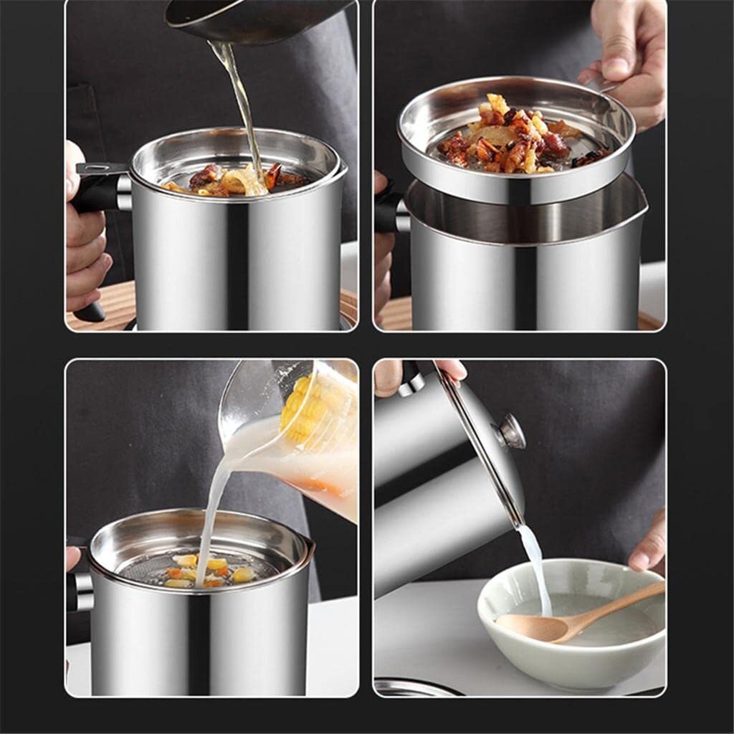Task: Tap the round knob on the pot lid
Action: point(511,431)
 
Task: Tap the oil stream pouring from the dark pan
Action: point(241,100)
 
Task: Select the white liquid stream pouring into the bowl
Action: point(536,566)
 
